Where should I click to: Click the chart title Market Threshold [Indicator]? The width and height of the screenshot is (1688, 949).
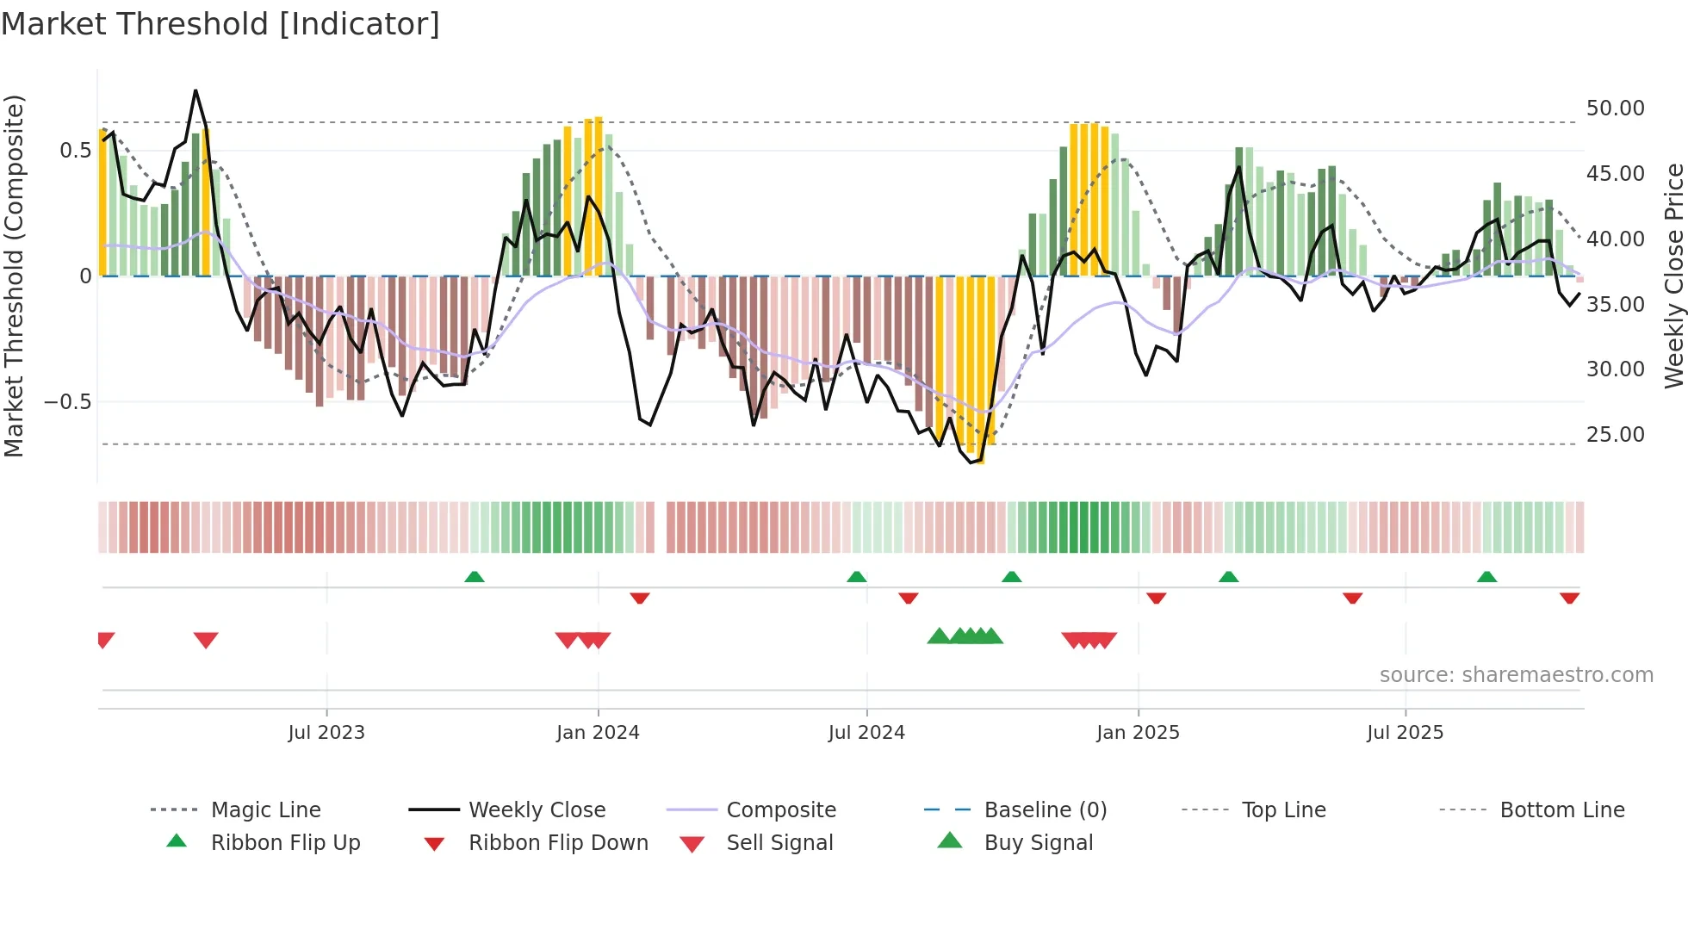coord(220,24)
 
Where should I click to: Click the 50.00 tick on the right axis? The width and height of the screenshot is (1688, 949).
coord(1615,109)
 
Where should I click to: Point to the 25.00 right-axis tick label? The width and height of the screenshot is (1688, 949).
coord(1615,435)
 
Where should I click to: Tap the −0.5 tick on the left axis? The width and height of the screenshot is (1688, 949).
coord(67,402)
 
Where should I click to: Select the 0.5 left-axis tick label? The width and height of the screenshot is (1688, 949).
coord(75,151)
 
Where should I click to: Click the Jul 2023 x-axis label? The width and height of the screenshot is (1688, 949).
coord(326,733)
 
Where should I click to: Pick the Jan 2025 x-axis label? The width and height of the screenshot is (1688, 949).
coord(1138,733)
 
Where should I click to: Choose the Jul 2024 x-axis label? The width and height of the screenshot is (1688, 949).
coord(866,733)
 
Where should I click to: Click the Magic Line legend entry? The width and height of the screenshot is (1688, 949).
coord(265,810)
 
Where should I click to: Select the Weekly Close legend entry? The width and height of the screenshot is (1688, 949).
coord(537,810)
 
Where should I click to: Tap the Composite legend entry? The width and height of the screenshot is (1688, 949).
coord(780,810)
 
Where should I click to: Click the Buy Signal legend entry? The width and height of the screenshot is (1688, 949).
coord(1038,843)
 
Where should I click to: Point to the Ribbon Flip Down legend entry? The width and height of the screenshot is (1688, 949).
coord(557,843)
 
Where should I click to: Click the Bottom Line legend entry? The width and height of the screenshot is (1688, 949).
coord(1561,810)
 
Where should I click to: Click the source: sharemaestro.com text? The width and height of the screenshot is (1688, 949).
coord(1516,675)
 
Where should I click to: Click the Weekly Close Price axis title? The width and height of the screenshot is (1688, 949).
coord(1673,276)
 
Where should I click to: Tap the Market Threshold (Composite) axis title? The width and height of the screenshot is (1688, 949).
coord(14,276)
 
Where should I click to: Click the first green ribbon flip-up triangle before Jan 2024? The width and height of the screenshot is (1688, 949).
coord(475,577)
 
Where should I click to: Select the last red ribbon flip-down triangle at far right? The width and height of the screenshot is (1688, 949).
coord(1569,598)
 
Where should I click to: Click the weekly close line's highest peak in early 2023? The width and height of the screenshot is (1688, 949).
coord(195,90)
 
